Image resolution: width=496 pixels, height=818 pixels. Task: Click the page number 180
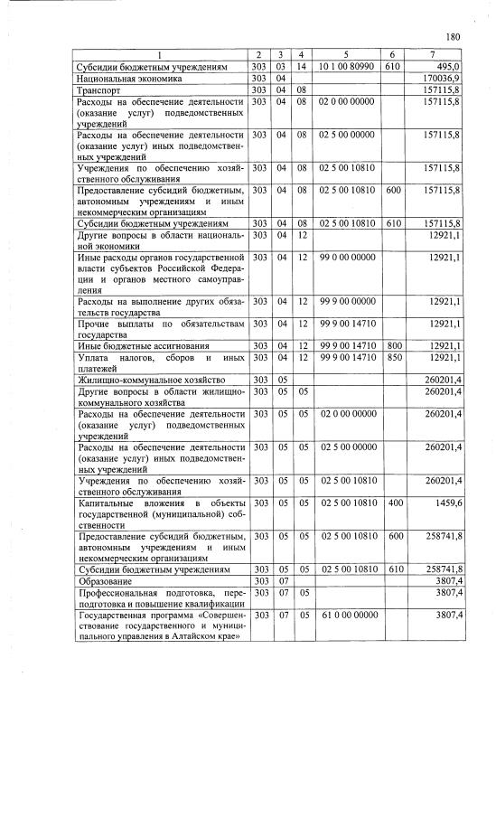(x=454, y=37)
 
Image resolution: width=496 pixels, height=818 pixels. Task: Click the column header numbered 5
(x=346, y=56)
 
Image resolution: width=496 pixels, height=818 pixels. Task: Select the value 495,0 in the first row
(x=446, y=67)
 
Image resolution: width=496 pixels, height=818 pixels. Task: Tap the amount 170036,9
(x=442, y=79)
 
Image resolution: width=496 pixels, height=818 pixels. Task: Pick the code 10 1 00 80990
(x=346, y=67)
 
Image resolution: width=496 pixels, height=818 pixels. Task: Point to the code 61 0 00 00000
(x=346, y=615)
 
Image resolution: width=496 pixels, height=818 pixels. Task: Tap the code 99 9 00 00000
(x=346, y=301)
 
